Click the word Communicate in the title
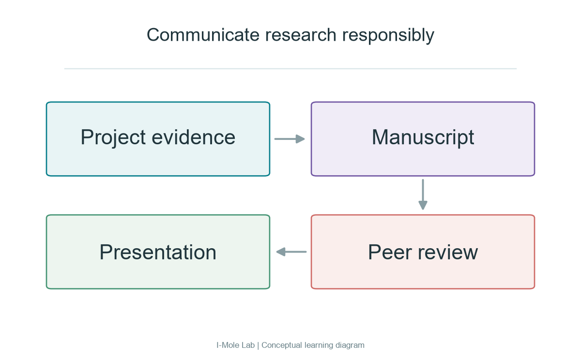coord(203,35)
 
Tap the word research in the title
coord(301,35)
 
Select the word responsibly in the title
coord(388,36)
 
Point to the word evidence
coord(194,137)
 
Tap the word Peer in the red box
coord(390,252)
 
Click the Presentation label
coord(158,252)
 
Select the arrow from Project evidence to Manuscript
coord(290,139)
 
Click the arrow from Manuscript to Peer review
coord(423,195)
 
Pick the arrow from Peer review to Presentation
coord(291,252)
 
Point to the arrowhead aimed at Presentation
coord(281,252)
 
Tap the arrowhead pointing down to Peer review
coord(423,205)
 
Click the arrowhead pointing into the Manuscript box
coord(300,139)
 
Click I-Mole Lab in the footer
coord(235,345)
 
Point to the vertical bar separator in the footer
coord(258,346)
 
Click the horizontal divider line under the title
coord(290,69)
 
